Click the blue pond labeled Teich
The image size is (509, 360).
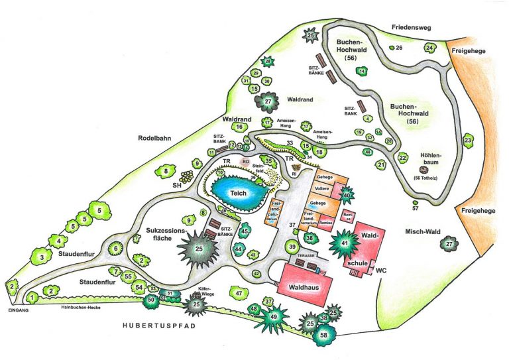[x=239, y=192]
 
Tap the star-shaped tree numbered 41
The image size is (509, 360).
[x=344, y=243]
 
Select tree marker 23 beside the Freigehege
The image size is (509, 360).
[x=468, y=141]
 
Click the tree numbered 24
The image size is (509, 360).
[x=429, y=48]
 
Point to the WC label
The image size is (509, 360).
[x=380, y=271]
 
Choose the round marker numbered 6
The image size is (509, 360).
[x=117, y=248]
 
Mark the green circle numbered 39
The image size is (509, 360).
[x=292, y=247]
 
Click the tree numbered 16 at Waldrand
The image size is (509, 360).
[x=238, y=127]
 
